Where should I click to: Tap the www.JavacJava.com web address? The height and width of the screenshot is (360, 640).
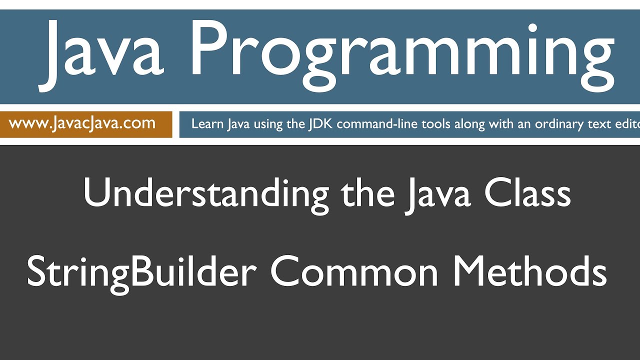click(x=82, y=123)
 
